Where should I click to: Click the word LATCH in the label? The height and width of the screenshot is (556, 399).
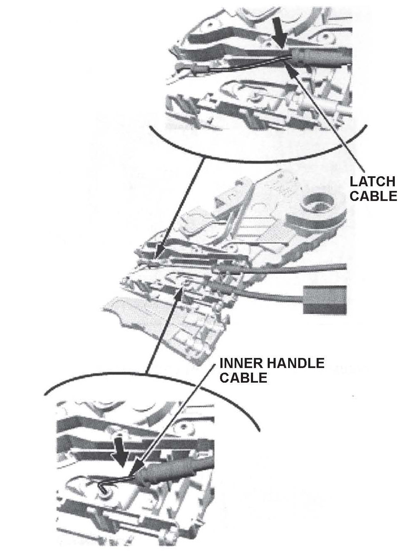(372, 182)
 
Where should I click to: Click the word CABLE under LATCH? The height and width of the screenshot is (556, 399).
(373, 196)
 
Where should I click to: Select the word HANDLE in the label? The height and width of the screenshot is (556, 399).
(297, 363)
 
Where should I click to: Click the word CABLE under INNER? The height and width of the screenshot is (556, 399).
(243, 378)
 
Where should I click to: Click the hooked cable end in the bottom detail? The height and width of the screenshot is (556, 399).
(105, 488)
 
